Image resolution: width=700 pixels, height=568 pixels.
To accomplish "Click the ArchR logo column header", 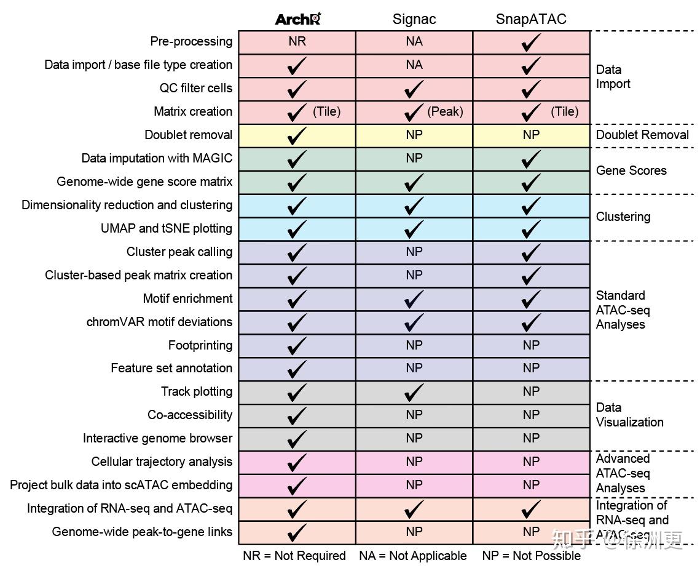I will (298, 19).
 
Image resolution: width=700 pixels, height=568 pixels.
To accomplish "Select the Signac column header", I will (414, 19).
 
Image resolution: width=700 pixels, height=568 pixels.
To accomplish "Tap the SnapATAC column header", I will (531, 19).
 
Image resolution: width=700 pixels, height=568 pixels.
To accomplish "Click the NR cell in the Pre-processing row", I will (297, 42).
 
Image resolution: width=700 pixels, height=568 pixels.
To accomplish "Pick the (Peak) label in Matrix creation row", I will (445, 111).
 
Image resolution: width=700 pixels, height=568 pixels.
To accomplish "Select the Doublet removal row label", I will (188, 135).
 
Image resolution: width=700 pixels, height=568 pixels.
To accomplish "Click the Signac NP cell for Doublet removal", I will (414, 135).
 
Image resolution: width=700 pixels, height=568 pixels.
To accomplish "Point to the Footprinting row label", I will (200, 345).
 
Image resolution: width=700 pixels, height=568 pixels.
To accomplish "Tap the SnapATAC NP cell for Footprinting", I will (531, 345).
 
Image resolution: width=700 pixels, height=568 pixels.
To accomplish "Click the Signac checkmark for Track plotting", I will (414, 392).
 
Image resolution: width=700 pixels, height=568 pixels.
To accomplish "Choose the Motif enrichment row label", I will (187, 298).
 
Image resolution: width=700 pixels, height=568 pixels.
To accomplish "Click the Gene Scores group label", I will (631, 170).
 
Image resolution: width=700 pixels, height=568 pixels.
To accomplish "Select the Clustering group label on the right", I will (623, 217).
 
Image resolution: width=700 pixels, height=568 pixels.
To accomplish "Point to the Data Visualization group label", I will (629, 415).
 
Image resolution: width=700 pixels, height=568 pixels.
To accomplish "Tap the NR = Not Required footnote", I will (294, 556).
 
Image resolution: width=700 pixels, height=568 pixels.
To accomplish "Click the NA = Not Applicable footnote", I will (413, 556).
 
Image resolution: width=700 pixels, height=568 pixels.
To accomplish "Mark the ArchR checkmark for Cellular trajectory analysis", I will (297, 462).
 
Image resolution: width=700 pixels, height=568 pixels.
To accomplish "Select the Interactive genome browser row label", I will (157, 438).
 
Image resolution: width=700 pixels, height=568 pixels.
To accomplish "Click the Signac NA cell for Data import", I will (414, 65).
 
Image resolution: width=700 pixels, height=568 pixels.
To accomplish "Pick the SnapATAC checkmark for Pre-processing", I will (531, 42).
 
